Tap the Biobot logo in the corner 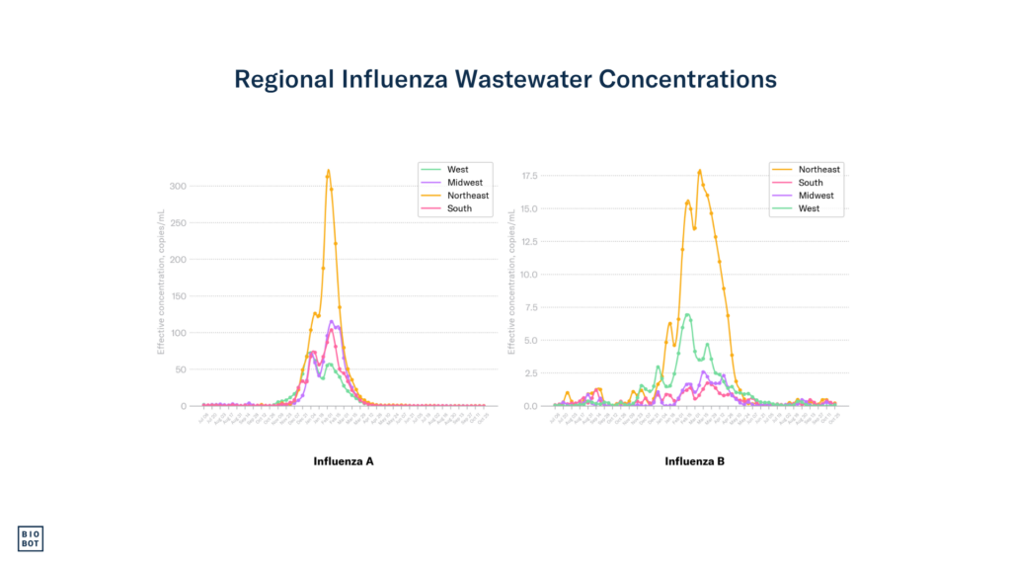31,538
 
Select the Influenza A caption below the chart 344,461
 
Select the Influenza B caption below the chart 694,461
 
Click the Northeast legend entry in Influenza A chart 467,196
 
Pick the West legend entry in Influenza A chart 457,170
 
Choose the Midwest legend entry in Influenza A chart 463,183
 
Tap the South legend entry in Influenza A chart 459,208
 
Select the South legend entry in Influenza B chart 811,183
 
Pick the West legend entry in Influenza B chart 809,208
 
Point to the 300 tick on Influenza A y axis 178,186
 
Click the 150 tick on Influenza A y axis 178,295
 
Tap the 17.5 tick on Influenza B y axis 528,176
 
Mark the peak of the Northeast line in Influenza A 328,170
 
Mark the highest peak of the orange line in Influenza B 699,170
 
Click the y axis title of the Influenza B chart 511,282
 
